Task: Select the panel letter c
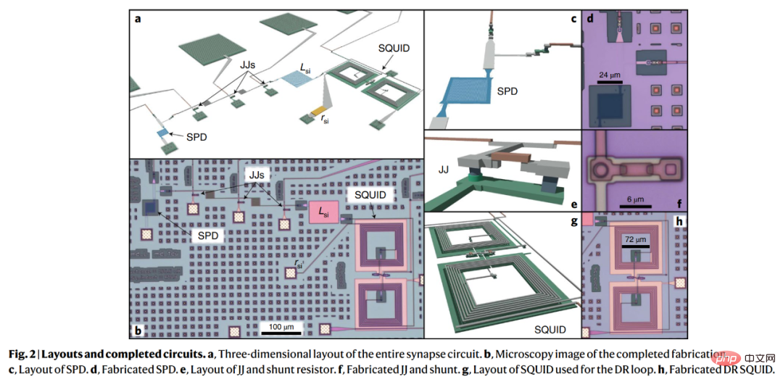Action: click(573, 19)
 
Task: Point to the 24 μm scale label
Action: click(610, 75)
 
